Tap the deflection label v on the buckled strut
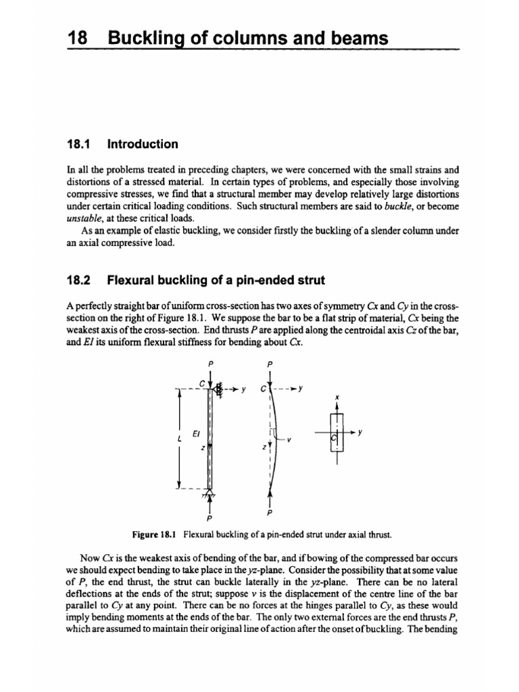point(289,439)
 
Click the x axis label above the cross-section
point(336,397)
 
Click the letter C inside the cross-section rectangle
point(332,439)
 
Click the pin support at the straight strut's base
point(211,495)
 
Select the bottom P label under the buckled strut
point(270,512)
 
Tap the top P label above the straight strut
point(211,363)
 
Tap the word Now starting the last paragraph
point(90,559)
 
